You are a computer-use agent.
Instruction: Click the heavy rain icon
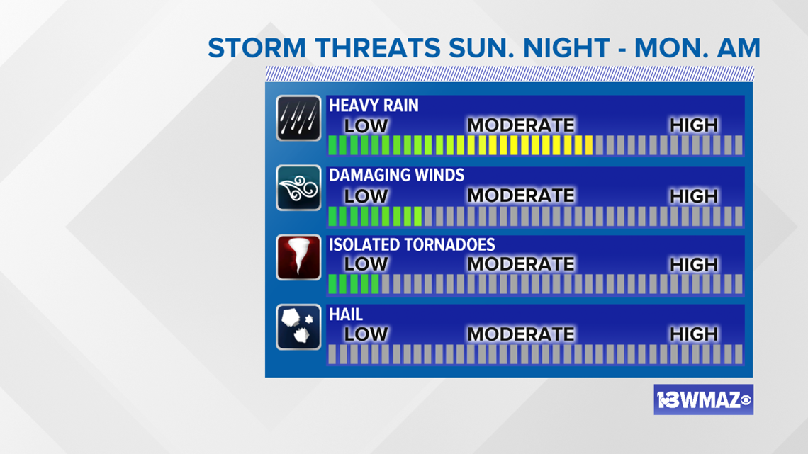click(298, 118)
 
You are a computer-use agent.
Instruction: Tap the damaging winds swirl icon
click(298, 188)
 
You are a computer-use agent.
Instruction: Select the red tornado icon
click(298, 257)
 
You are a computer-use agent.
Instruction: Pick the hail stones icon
click(298, 327)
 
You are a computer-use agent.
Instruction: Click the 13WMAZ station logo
click(703, 399)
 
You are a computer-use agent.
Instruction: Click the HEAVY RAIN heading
click(374, 106)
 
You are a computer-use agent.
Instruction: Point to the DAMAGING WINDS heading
click(396, 175)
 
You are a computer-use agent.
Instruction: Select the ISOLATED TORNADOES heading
click(412, 244)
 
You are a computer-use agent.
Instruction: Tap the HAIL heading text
click(346, 314)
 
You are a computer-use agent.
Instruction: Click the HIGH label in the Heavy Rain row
click(694, 125)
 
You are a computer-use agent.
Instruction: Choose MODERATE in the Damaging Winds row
click(520, 195)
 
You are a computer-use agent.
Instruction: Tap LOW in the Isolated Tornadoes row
click(366, 264)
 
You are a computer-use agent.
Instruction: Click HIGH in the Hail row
click(694, 334)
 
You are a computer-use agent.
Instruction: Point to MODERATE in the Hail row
click(520, 334)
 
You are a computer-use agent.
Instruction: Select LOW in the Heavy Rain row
click(366, 125)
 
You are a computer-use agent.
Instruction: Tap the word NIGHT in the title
click(566, 48)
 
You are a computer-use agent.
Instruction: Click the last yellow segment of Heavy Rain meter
click(588, 145)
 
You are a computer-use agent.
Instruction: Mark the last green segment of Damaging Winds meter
click(418, 216)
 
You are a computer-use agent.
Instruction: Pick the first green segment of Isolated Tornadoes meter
click(332, 284)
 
